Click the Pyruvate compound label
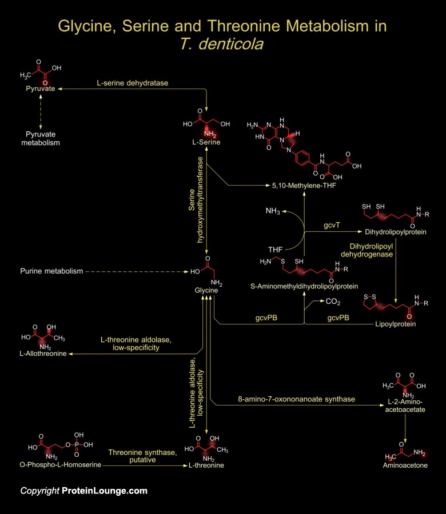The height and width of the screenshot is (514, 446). pyautogui.click(x=40, y=90)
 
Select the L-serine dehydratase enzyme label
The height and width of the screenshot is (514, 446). pyautogui.click(x=132, y=83)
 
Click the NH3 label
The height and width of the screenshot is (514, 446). pyautogui.click(x=273, y=211)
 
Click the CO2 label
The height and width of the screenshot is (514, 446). pyautogui.click(x=333, y=301)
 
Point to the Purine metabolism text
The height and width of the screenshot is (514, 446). pyautogui.click(x=51, y=271)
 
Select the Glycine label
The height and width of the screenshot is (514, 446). pyautogui.click(x=206, y=291)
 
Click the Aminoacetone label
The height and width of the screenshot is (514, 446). pyautogui.click(x=405, y=466)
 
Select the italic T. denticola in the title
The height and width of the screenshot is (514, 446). pyautogui.click(x=222, y=44)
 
